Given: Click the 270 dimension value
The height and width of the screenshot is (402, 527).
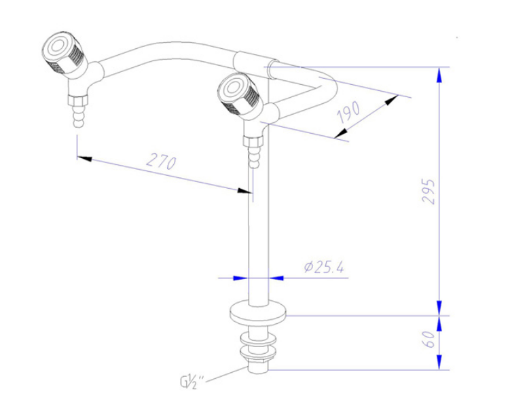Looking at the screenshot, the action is click(162, 161).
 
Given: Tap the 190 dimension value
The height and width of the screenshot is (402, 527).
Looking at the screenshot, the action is click(349, 112).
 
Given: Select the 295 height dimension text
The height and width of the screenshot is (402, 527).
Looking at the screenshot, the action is click(429, 191).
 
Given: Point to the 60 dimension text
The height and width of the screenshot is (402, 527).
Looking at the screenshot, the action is click(429, 340).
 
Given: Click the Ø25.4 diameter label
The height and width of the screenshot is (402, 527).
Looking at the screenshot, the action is click(324, 268).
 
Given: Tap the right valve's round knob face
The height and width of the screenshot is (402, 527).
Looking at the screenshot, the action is click(232, 88).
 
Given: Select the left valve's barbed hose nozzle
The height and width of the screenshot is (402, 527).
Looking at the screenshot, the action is click(78, 116).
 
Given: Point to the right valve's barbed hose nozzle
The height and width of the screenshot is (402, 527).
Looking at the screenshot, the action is click(254, 157).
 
